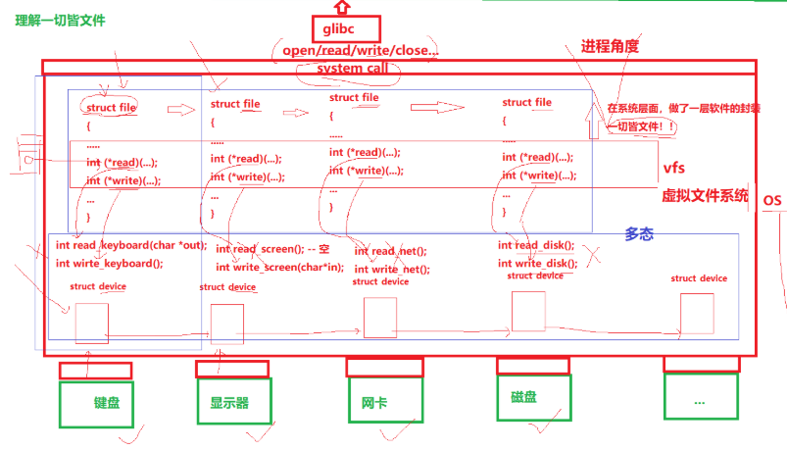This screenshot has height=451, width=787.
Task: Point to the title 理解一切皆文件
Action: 60,20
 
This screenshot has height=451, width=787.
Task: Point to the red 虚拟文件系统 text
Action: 706,194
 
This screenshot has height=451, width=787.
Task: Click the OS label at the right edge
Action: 772,201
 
